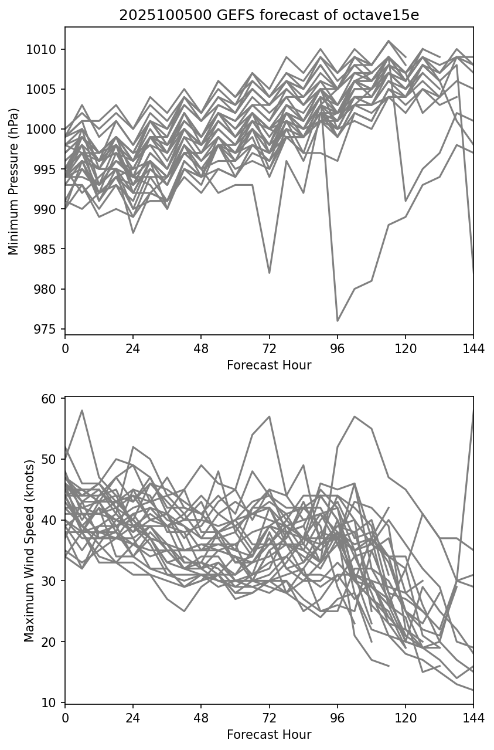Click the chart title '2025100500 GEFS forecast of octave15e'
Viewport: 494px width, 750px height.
coord(269,15)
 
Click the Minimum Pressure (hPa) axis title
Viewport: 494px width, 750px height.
coord(14,181)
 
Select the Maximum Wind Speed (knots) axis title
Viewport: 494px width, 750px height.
coord(29,551)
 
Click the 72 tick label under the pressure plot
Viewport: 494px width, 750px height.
coord(269,348)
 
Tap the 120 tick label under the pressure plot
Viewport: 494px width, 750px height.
coord(405,348)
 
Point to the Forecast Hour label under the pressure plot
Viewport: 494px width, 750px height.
coord(269,365)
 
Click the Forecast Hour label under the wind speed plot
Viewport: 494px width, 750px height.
coord(269,735)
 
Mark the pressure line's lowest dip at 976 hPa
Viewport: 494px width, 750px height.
coord(338,321)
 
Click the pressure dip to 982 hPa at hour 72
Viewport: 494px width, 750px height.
coord(269,273)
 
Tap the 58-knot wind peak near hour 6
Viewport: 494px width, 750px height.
coord(82,410)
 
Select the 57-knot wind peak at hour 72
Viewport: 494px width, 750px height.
coord(269,416)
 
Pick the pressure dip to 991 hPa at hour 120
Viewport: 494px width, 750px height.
coord(405,201)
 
